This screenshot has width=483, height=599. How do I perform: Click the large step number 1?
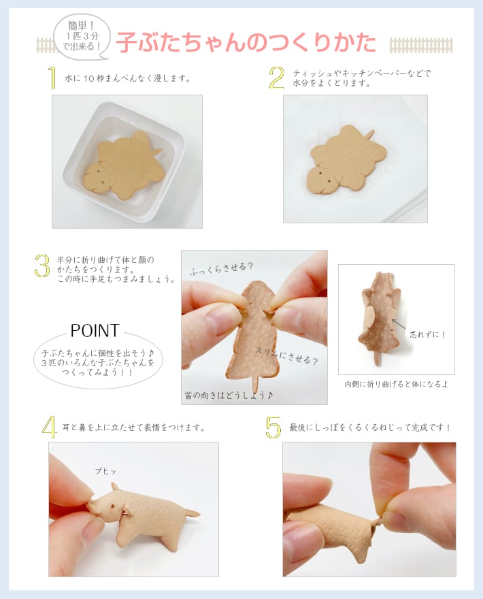point(52,78)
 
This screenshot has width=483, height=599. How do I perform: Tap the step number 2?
point(277,78)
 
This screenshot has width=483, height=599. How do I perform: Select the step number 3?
point(42,266)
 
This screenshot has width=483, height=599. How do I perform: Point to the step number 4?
point(49,427)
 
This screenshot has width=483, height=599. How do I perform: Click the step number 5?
point(273,427)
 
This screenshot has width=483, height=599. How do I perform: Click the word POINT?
point(95,331)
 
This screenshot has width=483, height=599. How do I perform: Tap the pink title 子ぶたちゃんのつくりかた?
point(246,42)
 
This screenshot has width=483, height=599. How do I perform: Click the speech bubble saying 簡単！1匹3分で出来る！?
point(82,37)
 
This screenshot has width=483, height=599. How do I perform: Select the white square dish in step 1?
point(124,162)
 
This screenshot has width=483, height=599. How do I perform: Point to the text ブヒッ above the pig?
point(105,472)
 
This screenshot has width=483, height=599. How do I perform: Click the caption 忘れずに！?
point(428,335)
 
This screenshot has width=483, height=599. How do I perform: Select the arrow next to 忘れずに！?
point(399,325)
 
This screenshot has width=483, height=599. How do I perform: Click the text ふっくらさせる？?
point(222,269)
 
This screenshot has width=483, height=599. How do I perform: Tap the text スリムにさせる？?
point(286,356)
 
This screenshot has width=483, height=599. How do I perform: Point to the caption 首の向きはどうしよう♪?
point(229,395)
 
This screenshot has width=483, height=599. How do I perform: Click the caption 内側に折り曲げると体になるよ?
point(397,384)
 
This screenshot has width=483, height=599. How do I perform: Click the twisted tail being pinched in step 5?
point(378,521)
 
